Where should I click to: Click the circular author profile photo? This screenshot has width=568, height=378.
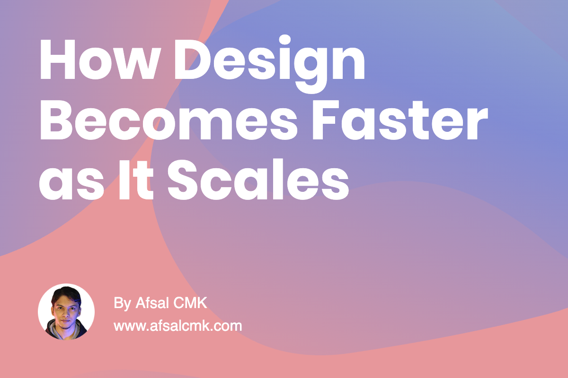66,312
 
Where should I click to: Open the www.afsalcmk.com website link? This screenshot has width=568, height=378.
178,326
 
